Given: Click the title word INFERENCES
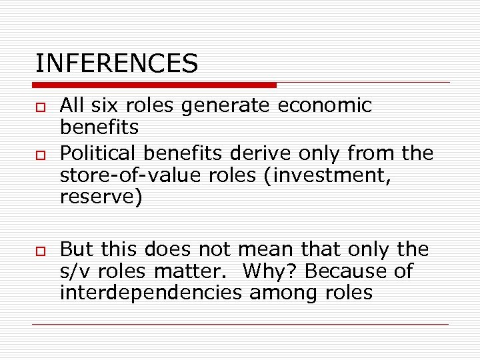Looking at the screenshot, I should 117,63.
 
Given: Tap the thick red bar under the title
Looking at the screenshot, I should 154,85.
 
